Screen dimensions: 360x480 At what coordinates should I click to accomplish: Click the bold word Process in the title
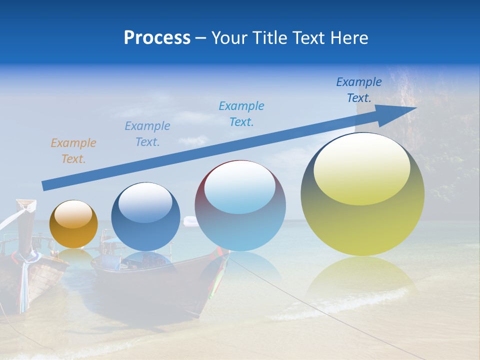click(157, 38)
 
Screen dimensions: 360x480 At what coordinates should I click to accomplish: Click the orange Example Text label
click(73, 151)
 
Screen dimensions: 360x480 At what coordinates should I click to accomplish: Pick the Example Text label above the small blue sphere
click(147, 134)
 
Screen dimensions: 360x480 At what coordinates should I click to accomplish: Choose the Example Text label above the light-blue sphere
click(241, 113)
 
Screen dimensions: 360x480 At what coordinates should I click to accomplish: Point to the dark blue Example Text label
click(359, 90)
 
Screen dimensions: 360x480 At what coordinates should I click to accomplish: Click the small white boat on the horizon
click(190, 220)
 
